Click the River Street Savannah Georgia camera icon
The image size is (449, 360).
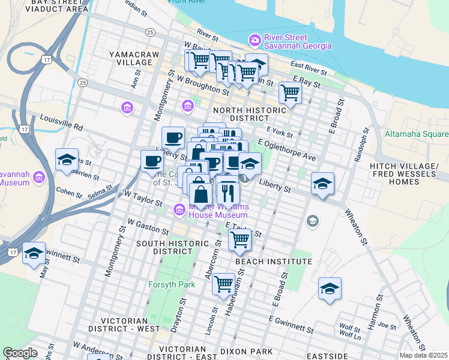(x=255, y=40)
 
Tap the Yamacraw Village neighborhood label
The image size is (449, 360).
(x=131, y=58)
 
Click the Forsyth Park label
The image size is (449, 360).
(x=172, y=284)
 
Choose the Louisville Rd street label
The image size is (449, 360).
(x=61, y=123)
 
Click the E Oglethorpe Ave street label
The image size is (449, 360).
(x=287, y=150)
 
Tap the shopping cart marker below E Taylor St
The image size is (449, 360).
(x=240, y=239)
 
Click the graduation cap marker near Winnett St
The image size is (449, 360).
(x=34, y=253)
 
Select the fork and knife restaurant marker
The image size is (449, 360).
(x=228, y=193)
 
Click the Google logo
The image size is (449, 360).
(x=20, y=353)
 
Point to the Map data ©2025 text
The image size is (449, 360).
(x=423, y=355)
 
